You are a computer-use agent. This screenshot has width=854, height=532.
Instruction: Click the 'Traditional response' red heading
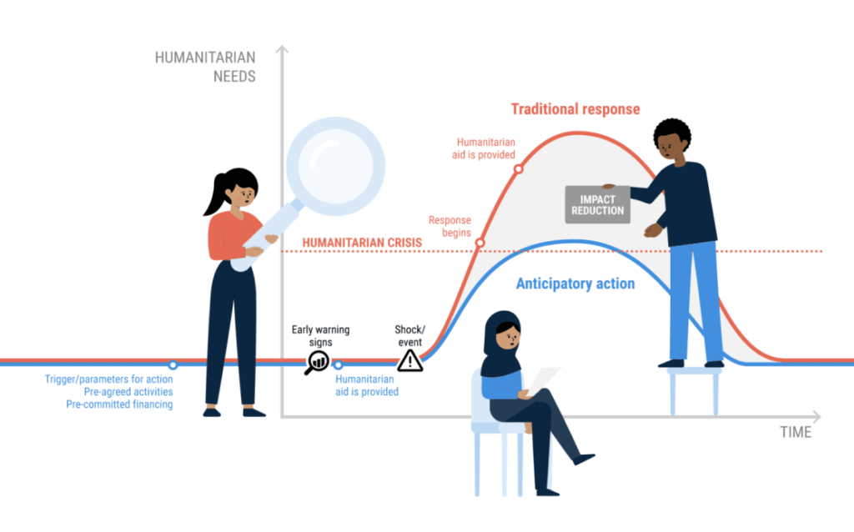575,109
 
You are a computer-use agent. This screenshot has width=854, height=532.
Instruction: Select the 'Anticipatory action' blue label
575,284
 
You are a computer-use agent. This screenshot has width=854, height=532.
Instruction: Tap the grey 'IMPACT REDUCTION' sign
598,204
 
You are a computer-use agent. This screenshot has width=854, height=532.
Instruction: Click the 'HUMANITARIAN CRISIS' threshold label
362,243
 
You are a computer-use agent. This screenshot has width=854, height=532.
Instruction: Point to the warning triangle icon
409,359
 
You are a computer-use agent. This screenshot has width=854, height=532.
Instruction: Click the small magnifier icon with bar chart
317,361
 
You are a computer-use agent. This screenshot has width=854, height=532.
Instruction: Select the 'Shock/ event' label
409,335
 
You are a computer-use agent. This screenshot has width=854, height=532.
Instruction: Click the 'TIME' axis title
796,432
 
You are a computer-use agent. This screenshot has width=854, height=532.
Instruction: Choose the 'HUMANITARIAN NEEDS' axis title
205,67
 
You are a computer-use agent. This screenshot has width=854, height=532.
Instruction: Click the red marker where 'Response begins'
480,244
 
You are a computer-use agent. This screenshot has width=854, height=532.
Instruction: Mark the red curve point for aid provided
518,168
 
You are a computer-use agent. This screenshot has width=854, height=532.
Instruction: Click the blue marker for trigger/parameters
173,364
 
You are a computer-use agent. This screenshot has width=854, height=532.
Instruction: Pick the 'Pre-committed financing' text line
119,404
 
